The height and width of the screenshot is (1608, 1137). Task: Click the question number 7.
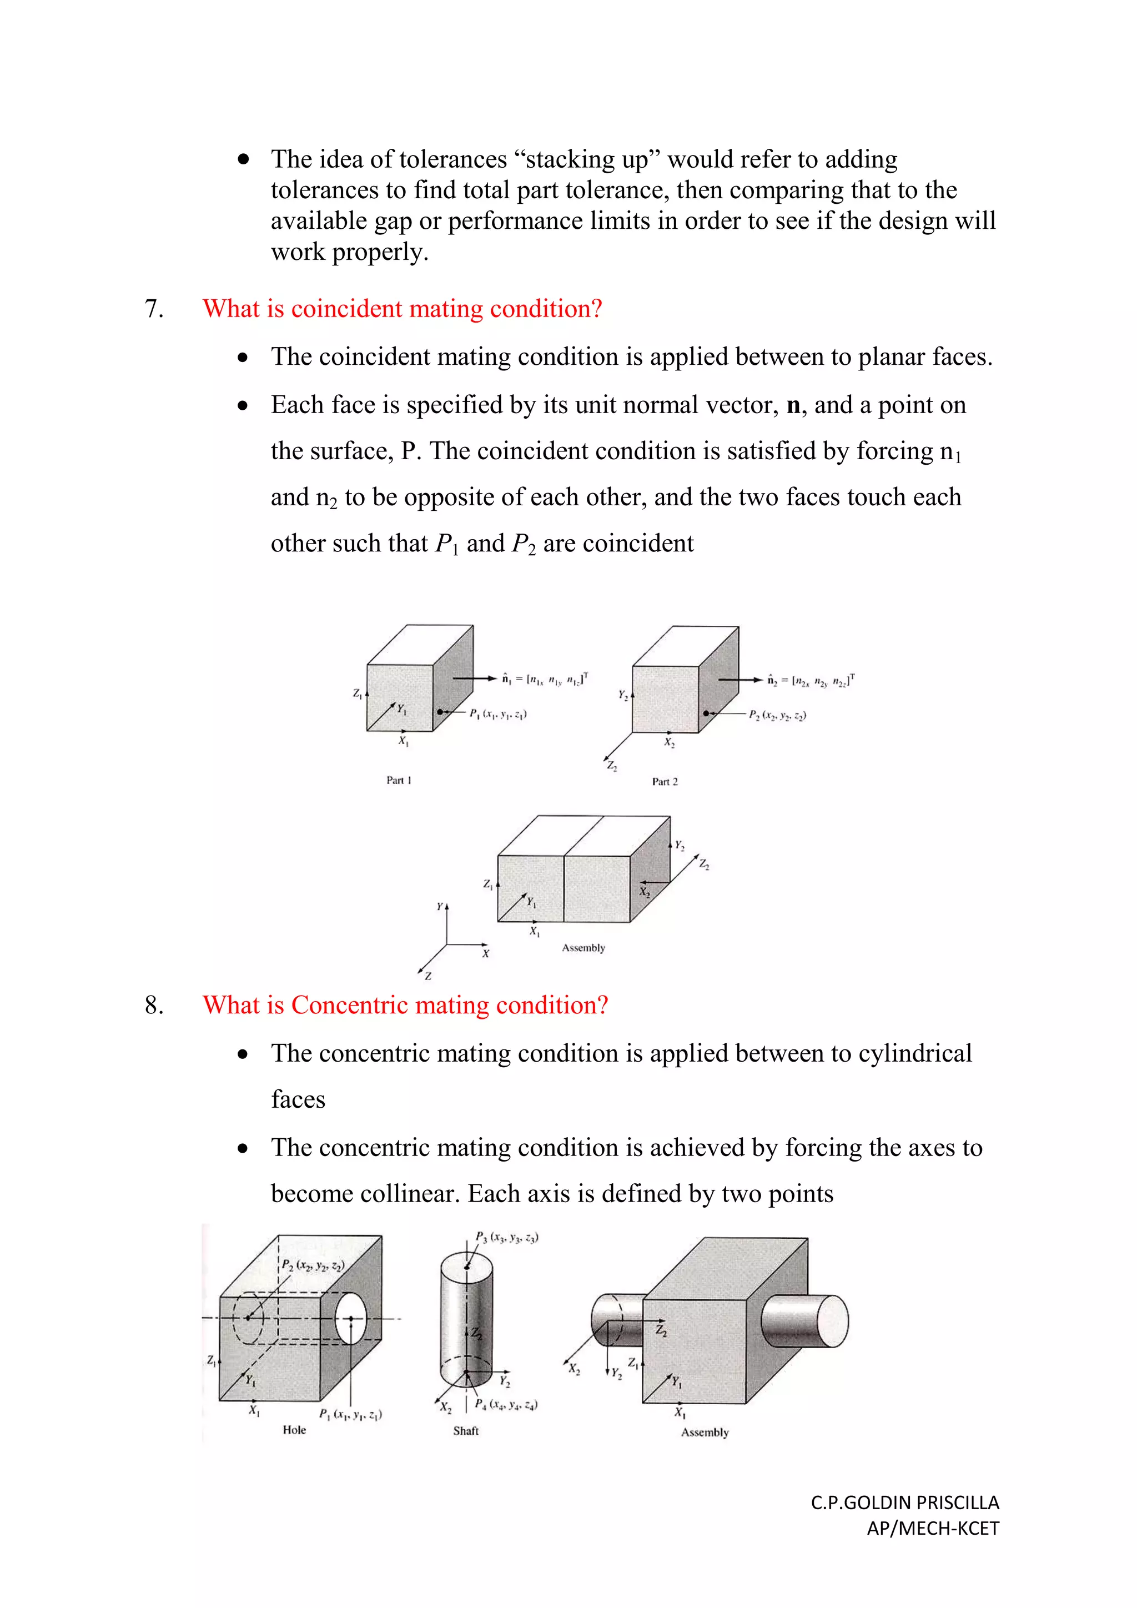pyautogui.click(x=153, y=309)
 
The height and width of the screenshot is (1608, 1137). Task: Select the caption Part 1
pyautogui.click(x=399, y=780)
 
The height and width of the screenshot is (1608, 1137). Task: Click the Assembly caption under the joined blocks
pyautogui.click(x=583, y=948)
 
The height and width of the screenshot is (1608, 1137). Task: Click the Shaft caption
pyautogui.click(x=466, y=1431)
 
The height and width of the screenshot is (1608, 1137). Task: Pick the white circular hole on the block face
pyautogui.click(x=351, y=1319)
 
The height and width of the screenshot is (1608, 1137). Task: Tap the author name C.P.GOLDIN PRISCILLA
pyautogui.click(x=904, y=1503)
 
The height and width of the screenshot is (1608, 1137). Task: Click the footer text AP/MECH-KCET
pyautogui.click(x=933, y=1528)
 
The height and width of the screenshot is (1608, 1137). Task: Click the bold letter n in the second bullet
pyautogui.click(x=793, y=405)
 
